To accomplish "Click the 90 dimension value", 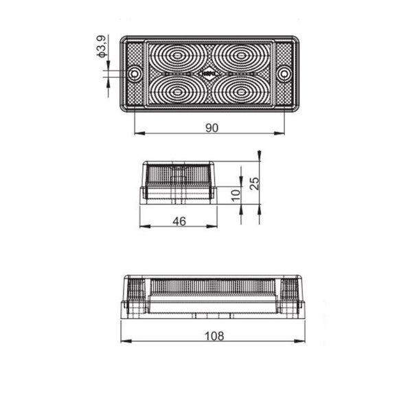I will click(211, 128).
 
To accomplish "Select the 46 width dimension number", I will click(179, 220).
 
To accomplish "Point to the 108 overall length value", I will click(214, 336).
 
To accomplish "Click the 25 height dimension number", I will click(254, 183).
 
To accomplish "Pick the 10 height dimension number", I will click(236, 194).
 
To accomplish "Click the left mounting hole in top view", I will click(135, 73).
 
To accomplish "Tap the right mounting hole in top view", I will click(284, 73).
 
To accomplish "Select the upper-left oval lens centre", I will click(179, 54).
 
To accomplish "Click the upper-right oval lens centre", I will click(242, 54).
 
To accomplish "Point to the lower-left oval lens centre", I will click(179, 90).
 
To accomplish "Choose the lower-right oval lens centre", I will click(242, 90).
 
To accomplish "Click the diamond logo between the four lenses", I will click(209, 72).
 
